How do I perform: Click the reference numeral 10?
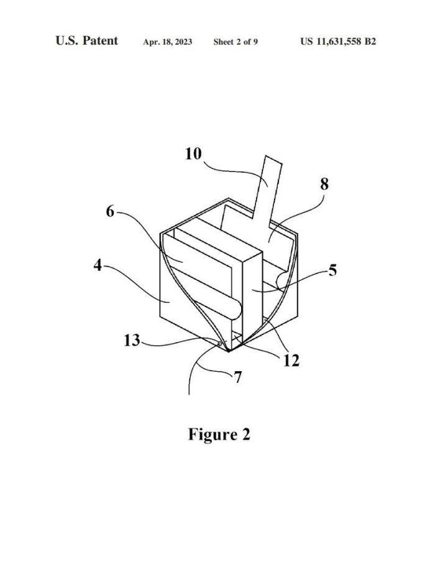pos(193,154)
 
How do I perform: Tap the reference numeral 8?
pos(324,184)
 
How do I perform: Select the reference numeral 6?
pos(110,211)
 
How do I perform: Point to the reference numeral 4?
pos(98,265)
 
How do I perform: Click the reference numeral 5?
pos(332,270)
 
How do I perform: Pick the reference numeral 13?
pos(132,340)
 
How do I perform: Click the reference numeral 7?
pos(237,377)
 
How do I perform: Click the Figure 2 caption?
pos(219,434)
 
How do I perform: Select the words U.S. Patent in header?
pos(87,40)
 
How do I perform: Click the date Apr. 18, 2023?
pos(168,42)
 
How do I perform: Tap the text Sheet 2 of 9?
pos(236,42)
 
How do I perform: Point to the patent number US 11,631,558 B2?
pos(338,42)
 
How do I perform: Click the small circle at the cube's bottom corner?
pos(219,344)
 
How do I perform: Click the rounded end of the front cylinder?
pos(236,310)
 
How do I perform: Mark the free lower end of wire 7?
pos(189,394)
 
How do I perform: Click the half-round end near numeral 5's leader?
pos(282,281)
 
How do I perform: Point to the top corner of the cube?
pos(229,198)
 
